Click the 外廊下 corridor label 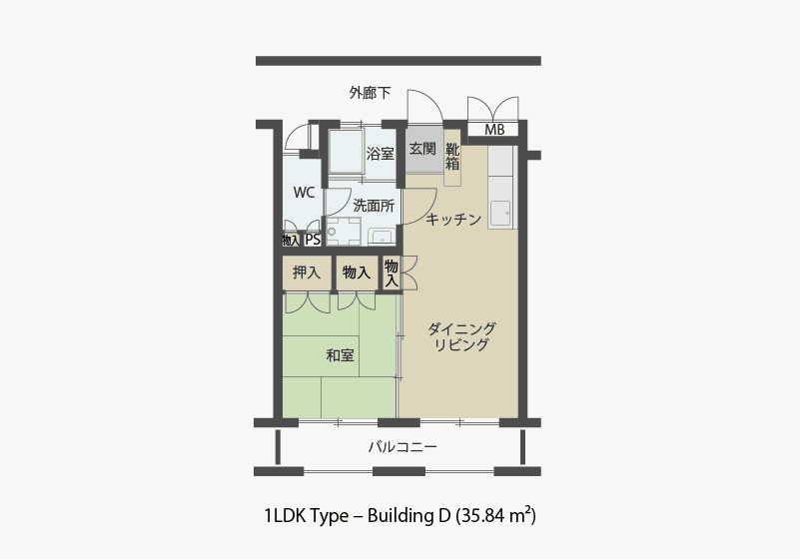[370, 93]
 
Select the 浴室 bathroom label [380, 154]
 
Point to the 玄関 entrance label [422, 149]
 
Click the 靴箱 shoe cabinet [452, 157]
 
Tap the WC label [305, 192]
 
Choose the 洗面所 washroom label [373, 206]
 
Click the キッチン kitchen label [453, 219]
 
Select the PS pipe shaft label [313, 240]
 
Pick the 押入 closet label [306, 272]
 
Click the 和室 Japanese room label [341, 354]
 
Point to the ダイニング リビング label [461, 337]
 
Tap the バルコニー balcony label [402, 447]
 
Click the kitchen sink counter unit [500, 190]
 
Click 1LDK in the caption [285, 516]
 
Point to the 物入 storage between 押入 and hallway [355, 272]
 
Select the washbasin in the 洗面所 [381, 236]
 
